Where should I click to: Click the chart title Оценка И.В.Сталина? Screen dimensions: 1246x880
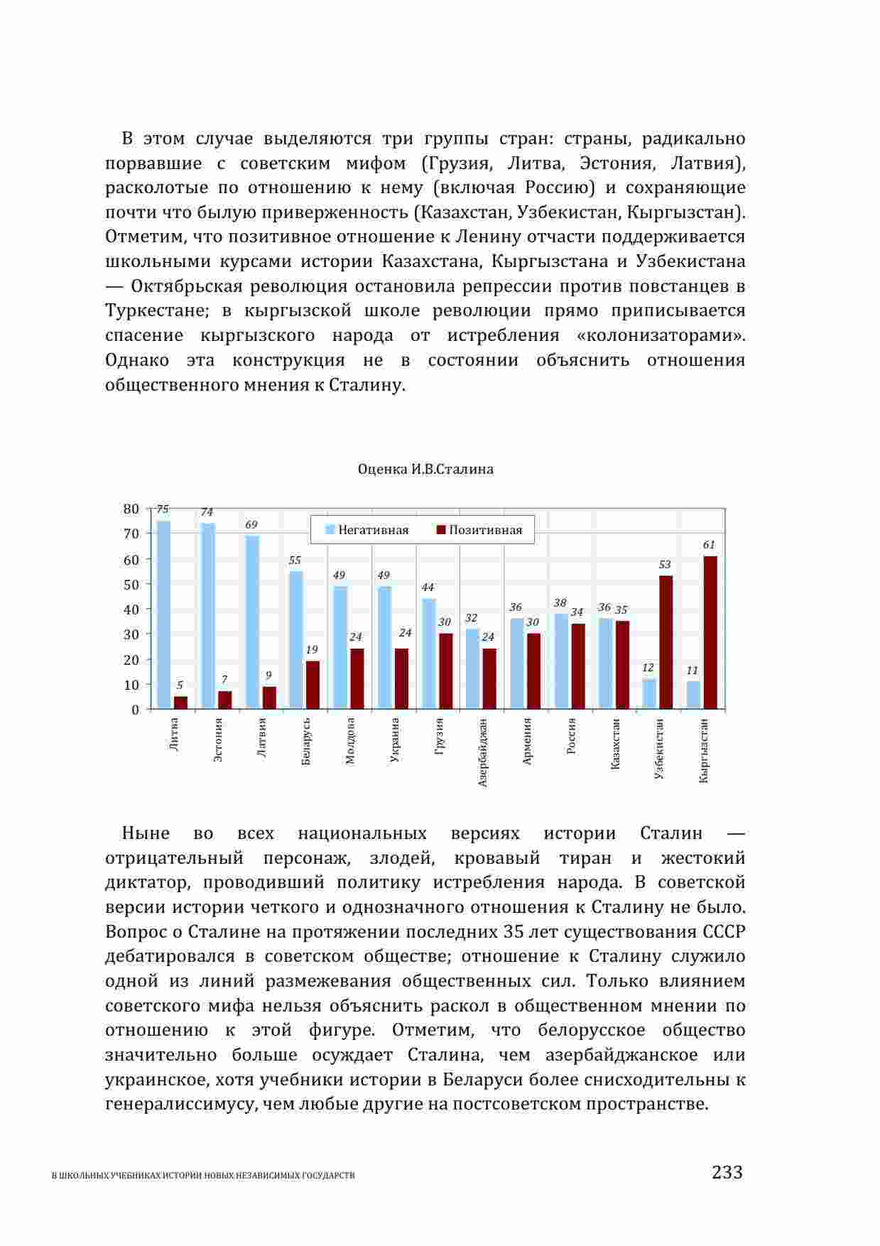click(425, 470)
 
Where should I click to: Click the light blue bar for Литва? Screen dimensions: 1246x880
click(163, 614)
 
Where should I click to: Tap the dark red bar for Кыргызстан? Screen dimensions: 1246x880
click(710, 632)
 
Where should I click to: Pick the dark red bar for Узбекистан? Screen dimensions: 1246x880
click(666, 642)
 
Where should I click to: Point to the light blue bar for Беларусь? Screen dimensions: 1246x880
click(296, 639)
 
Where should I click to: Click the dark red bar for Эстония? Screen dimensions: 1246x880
click(225, 700)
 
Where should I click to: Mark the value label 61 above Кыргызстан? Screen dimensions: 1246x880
click(710, 545)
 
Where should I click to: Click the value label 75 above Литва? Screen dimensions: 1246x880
click(163, 509)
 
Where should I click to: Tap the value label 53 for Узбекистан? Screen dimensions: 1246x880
click(665, 565)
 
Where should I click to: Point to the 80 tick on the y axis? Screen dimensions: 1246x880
click(131, 509)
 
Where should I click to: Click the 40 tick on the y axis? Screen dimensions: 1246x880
click(131, 610)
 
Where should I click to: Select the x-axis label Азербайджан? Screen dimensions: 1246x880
click(483, 752)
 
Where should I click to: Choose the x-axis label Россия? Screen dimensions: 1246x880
click(571, 736)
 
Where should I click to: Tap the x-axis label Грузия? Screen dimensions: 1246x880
click(439, 736)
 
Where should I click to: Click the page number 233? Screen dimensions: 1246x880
click(727, 1172)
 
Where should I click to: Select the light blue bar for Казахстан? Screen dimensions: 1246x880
click(605, 663)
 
